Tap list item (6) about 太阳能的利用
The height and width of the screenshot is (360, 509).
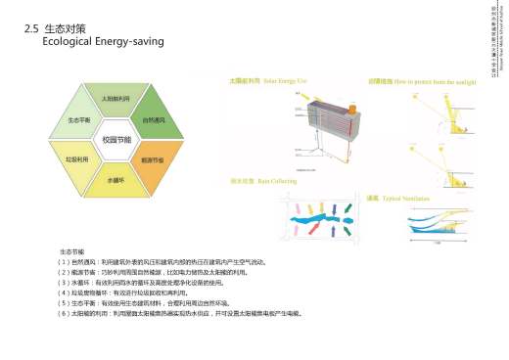click(181, 313)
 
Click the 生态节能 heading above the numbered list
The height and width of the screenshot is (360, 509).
click(72, 252)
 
